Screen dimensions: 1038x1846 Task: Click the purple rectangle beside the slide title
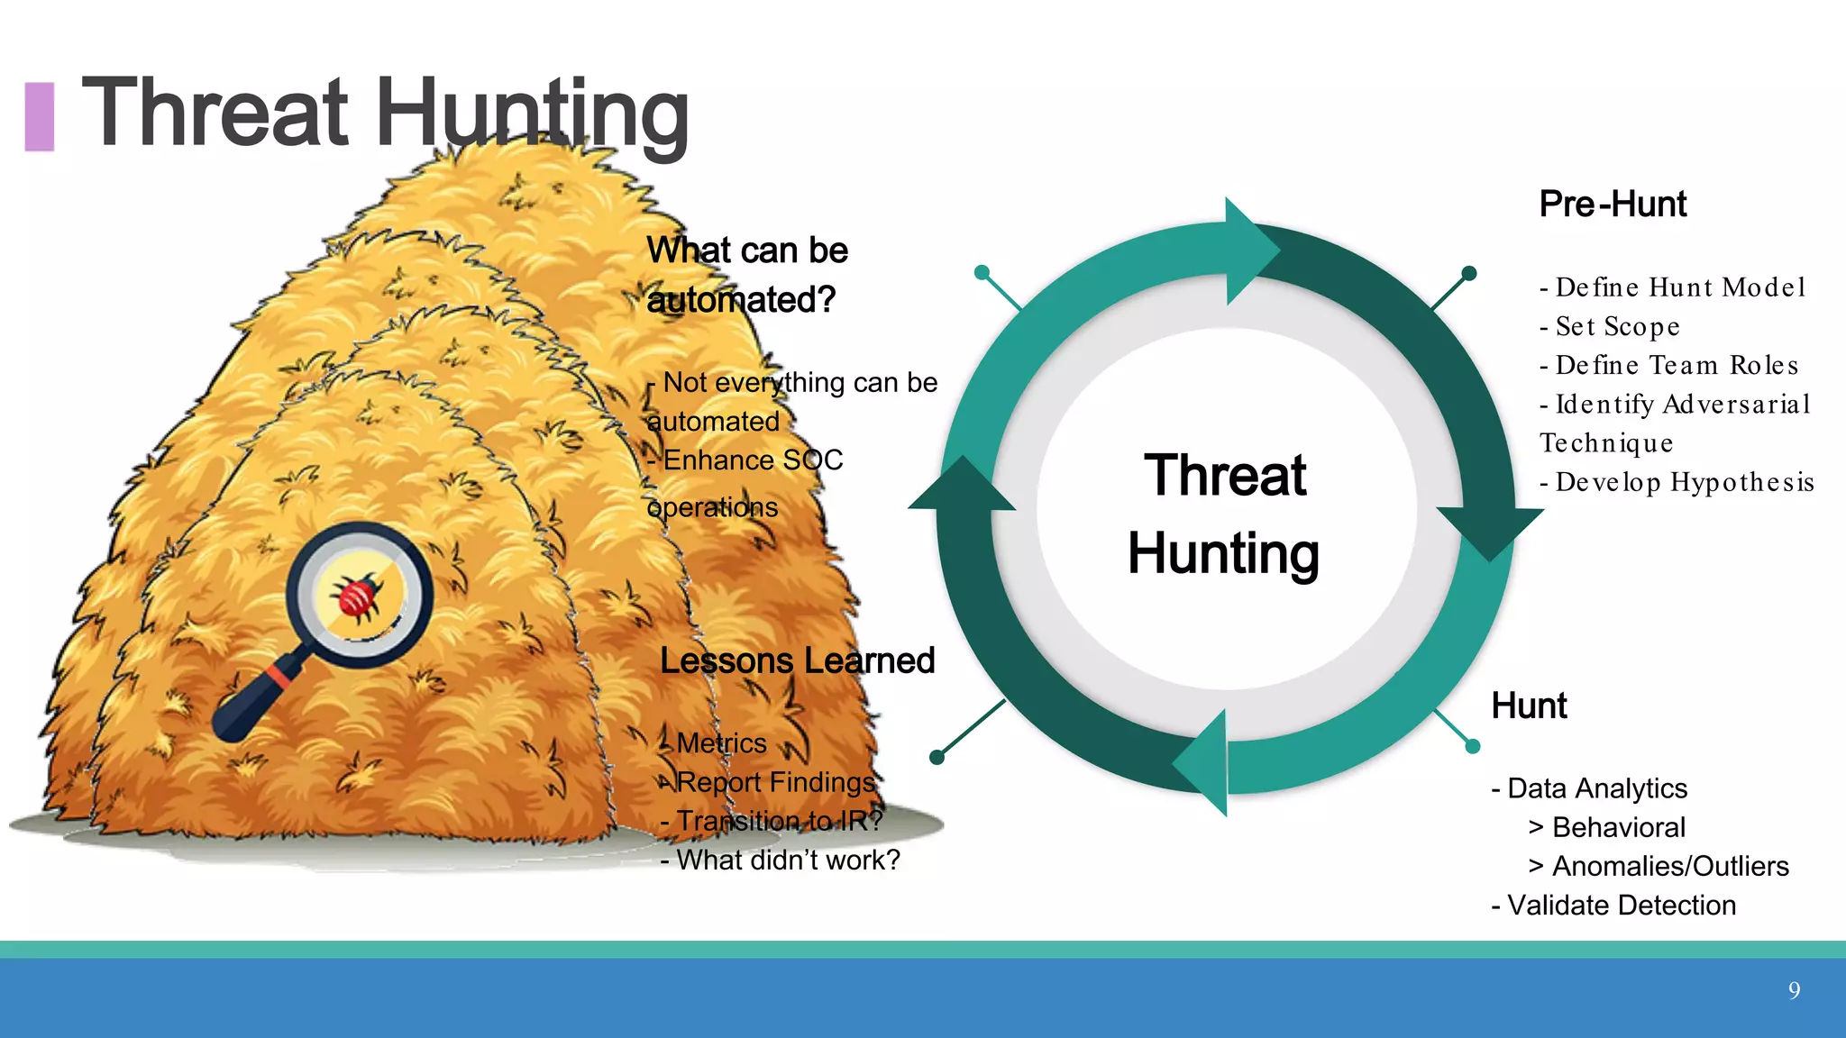39,116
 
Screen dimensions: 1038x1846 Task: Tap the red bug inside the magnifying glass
357,596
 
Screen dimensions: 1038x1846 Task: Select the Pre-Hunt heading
1613,205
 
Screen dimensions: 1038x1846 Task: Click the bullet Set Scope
1611,326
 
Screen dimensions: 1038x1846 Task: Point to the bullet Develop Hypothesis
1677,482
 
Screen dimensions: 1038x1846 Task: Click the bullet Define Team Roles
1669,365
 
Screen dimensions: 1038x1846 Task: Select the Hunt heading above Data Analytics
1529,706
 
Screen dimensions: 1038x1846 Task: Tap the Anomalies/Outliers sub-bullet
1659,866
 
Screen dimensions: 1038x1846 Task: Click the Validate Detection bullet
1613,905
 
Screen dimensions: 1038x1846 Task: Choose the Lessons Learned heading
797,660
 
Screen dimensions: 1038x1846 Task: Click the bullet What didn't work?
781,860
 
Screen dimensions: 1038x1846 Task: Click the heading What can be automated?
747,275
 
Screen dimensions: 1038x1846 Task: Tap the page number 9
1794,991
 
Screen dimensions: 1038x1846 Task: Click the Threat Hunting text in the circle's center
1224,514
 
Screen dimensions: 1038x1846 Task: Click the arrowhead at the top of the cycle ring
1248,250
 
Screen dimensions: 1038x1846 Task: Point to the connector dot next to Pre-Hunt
1468,273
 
